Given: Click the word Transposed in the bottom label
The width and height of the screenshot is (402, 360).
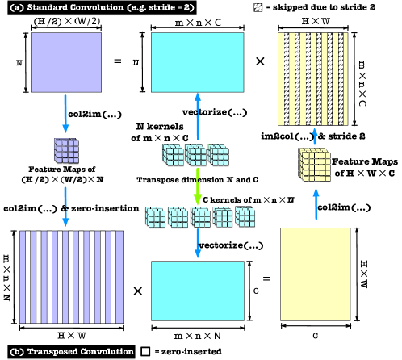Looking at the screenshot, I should click(x=53, y=352).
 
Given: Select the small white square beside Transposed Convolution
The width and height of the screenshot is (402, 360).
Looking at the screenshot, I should click(x=146, y=351).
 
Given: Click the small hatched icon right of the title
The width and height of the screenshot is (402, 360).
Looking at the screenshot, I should click(x=258, y=7).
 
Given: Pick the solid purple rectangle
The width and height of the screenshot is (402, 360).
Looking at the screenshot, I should click(x=66, y=62).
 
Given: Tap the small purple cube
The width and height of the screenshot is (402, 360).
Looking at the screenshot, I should click(x=66, y=151).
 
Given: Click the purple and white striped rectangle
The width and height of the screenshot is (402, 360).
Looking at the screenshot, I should click(x=72, y=277).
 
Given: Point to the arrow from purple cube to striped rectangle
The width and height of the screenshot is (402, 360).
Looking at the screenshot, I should click(x=66, y=207).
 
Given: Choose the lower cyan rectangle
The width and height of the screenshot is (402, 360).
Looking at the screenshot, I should click(x=197, y=291).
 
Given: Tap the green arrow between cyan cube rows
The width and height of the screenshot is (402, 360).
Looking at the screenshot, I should click(x=197, y=186).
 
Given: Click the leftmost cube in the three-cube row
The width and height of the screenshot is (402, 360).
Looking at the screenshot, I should click(x=174, y=155).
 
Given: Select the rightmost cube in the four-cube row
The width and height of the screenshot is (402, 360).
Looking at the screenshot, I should click(x=245, y=217).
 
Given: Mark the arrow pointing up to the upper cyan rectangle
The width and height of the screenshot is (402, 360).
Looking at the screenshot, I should click(x=197, y=113).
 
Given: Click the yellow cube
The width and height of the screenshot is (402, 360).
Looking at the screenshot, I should click(x=314, y=165).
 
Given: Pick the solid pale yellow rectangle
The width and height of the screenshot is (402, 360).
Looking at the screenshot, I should click(x=316, y=274).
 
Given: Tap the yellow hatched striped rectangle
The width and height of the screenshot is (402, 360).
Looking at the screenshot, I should click(x=313, y=78).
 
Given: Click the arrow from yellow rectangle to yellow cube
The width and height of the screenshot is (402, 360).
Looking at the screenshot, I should click(x=316, y=203).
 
